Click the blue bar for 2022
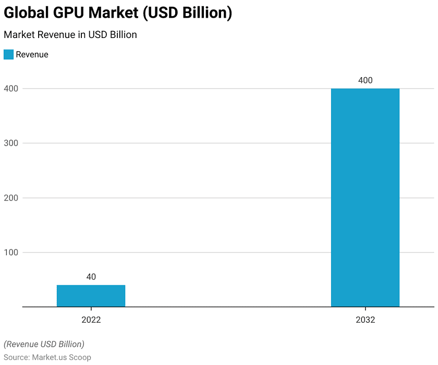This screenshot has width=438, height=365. (x=91, y=296)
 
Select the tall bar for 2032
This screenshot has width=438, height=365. (x=365, y=198)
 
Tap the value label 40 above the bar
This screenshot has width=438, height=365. (x=91, y=277)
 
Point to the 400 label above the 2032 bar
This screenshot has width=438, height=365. (x=365, y=81)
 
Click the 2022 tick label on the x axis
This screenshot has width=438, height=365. (x=91, y=320)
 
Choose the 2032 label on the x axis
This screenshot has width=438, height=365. (x=365, y=320)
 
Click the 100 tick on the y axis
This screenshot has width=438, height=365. (x=11, y=253)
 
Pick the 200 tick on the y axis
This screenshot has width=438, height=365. (x=11, y=198)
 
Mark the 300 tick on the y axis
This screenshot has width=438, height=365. (x=11, y=143)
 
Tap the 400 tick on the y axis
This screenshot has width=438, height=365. (x=11, y=89)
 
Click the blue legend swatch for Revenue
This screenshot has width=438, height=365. (x=8, y=54)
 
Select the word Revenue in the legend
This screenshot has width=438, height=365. (x=32, y=54)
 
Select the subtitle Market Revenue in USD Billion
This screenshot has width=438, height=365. (x=70, y=35)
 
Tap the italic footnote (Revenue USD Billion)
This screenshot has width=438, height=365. (x=44, y=344)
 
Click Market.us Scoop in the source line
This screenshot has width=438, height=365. (x=61, y=357)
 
